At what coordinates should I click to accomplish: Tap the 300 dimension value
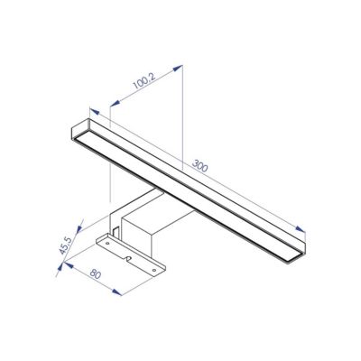(200, 166)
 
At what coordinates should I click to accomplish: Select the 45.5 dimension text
(66, 245)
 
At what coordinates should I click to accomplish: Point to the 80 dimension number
(96, 274)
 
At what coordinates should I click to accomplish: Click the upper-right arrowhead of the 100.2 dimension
(178, 68)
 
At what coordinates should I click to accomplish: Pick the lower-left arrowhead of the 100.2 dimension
(115, 103)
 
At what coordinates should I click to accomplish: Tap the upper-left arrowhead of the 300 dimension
(95, 112)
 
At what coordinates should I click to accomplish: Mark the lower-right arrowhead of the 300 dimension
(301, 229)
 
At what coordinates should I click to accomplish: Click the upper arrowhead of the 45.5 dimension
(80, 228)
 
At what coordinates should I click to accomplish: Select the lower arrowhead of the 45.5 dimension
(60, 266)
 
